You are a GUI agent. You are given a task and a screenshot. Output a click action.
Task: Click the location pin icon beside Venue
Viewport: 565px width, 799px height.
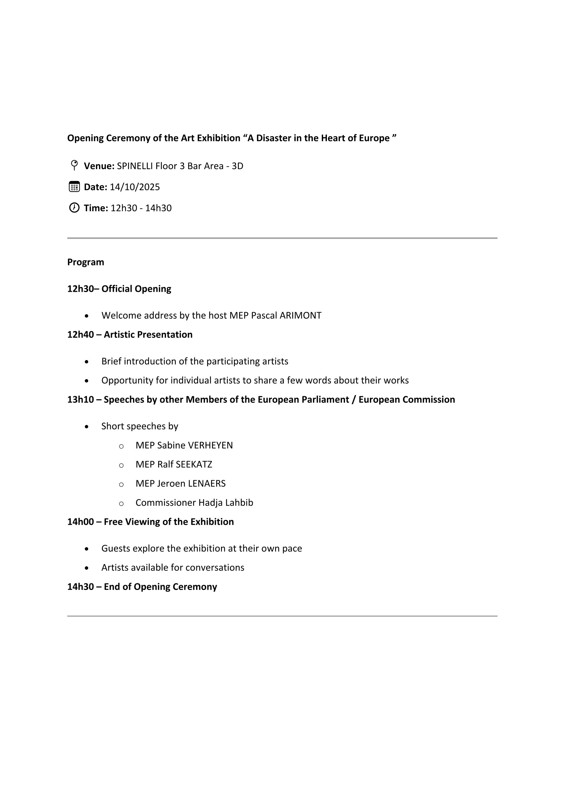pos(74,165)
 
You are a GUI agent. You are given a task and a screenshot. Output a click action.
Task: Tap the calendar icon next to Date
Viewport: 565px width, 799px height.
pos(74,187)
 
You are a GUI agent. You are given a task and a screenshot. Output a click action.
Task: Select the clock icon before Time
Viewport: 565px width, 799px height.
pos(74,208)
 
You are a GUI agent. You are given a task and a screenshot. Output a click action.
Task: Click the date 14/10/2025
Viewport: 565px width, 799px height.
pos(135,187)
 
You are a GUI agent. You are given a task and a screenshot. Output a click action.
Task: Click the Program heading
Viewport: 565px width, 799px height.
pos(86,262)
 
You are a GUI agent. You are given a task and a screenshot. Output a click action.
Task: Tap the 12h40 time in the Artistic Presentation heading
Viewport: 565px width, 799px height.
pos(80,335)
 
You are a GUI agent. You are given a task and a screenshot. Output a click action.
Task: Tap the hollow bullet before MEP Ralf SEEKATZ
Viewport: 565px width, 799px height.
pos(121,465)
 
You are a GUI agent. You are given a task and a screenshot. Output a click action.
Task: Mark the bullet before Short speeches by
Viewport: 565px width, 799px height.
pos(87,427)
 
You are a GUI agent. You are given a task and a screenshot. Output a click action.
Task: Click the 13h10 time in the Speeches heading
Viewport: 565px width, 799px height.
pos(80,400)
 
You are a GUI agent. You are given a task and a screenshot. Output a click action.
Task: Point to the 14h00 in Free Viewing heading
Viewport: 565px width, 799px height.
pos(80,522)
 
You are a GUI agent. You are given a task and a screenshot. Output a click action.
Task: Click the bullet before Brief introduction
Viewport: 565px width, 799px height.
pos(87,362)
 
